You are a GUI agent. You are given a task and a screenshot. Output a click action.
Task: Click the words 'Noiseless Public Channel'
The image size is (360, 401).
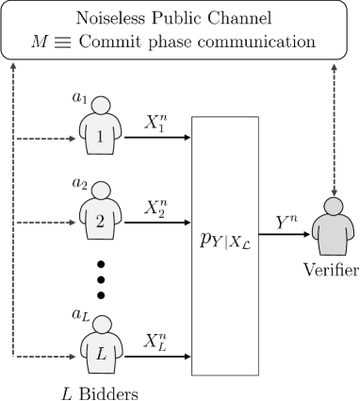[180, 18]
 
